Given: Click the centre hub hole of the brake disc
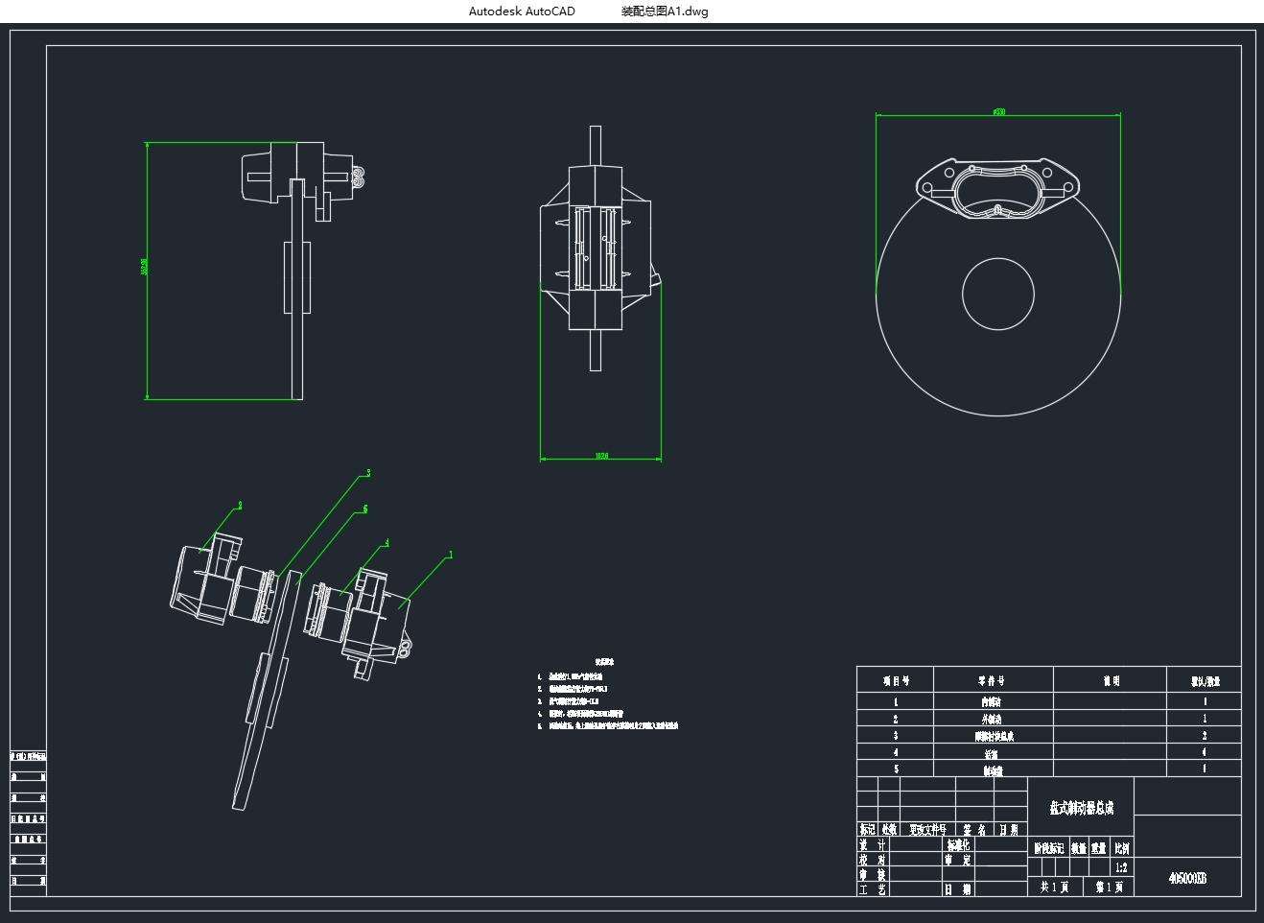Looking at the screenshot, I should pos(997,295).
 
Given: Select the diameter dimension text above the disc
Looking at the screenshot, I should pos(998,112).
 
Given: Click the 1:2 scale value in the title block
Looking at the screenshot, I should pos(1121,867).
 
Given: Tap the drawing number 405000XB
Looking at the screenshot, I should pos(1187,878).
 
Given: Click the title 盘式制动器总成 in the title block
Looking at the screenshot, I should pos(1081,808).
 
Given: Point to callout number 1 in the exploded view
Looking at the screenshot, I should pos(451,555).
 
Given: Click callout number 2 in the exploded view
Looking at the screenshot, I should pos(240,505).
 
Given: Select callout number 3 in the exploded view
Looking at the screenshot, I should pos(368,473).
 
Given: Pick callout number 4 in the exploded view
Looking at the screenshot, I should pos(387,543).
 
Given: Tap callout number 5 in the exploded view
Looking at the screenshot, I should pos(365,509).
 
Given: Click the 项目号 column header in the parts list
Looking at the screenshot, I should pos(896,680).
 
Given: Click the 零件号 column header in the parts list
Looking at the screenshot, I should pos(992,680).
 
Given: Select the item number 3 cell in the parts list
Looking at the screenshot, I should pos(896,736).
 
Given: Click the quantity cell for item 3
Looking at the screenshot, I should pos(1205,736).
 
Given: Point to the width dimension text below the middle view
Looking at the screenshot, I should pos(601,456).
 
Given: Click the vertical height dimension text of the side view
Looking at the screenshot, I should pos(144,267).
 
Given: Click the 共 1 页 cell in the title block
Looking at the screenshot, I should pos(1054,887).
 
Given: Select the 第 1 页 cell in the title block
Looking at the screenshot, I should pos(1109,887).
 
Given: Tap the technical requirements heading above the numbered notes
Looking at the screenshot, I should pos(604,662).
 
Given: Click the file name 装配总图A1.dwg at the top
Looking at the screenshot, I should pos(665,12).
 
